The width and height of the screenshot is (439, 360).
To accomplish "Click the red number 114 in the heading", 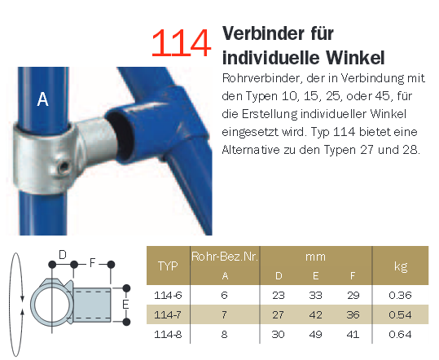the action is [x=181, y=43].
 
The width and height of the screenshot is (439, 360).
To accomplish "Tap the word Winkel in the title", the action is [x=355, y=58].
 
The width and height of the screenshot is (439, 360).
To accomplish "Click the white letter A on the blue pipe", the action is [x=42, y=99].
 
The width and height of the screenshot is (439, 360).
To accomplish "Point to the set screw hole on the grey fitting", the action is [x=64, y=168].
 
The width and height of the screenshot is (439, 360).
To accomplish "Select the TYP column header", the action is [x=168, y=266].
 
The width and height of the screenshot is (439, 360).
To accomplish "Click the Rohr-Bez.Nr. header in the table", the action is [x=225, y=257].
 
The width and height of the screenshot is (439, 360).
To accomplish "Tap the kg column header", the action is [x=401, y=266].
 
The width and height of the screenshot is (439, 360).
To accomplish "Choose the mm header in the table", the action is [x=315, y=257].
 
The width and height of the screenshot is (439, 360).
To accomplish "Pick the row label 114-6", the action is [x=168, y=295].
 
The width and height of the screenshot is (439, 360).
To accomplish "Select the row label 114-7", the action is [x=168, y=315].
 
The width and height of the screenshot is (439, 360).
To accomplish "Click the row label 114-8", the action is [x=168, y=334].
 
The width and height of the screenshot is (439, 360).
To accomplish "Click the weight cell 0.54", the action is [x=400, y=315].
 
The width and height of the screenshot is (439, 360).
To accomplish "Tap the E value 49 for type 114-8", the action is [x=315, y=334].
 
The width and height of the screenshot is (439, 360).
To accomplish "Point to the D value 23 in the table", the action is [x=279, y=295].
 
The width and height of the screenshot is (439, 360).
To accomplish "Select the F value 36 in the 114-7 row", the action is [x=353, y=315].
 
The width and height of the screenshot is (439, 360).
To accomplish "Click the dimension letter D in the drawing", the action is [x=63, y=255].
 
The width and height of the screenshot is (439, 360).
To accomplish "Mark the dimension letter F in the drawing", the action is [x=92, y=263].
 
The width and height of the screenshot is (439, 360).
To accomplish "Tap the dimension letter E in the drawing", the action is [x=125, y=305].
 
